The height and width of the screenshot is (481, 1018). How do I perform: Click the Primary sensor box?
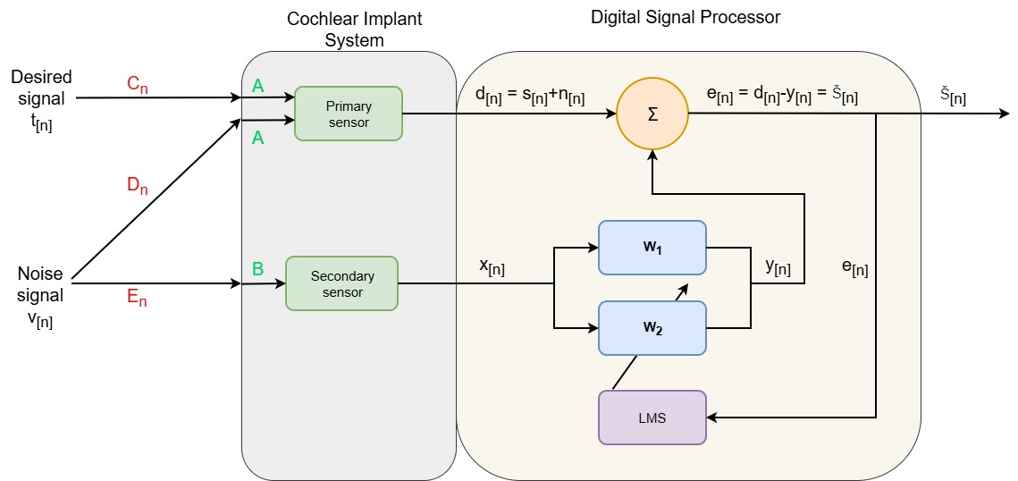point(349,114)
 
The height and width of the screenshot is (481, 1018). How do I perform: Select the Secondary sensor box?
point(341,283)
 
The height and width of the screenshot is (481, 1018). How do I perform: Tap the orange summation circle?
point(652,113)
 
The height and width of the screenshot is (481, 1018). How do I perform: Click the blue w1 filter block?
point(652,247)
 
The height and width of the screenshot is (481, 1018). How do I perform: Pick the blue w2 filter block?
point(652,328)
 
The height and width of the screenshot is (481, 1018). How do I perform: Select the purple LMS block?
point(652,417)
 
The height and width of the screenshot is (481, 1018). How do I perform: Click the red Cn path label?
point(138,84)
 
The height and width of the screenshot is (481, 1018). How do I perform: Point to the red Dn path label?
point(138,187)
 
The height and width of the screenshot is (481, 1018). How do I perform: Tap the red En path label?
point(137,299)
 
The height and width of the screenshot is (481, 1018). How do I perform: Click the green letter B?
point(258,267)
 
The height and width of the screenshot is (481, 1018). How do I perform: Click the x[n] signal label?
point(492,267)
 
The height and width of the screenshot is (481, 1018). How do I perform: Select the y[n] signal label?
point(777,267)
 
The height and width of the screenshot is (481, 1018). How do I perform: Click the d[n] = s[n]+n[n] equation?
point(530,95)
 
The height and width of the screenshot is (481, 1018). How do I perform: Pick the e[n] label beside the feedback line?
point(854,267)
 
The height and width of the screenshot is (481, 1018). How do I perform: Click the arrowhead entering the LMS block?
point(712,417)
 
